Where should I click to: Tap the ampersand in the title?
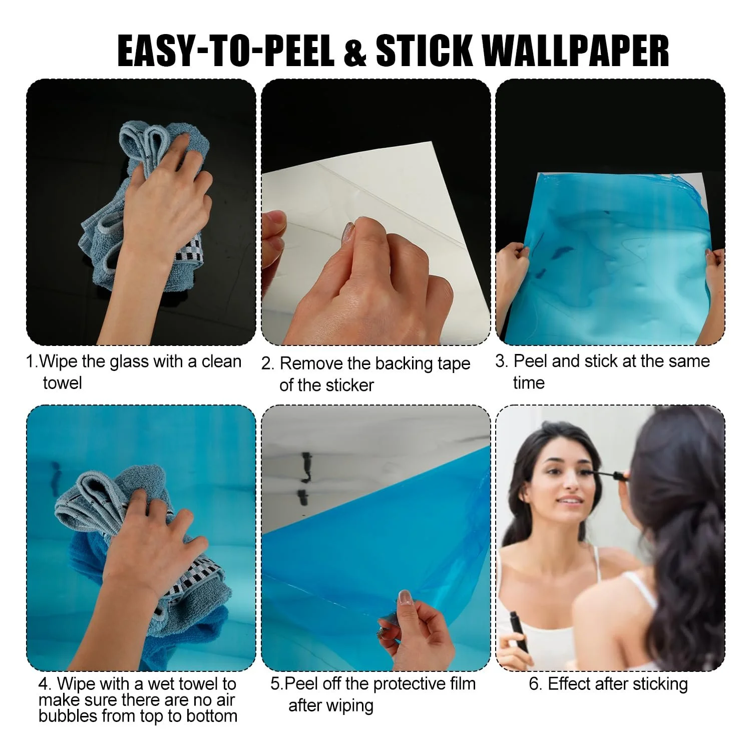pyautogui.click(x=355, y=51)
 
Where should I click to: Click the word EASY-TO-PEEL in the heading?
pyautogui.click(x=226, y=51)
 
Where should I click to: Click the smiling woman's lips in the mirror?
pyautogui.click(x=567, y=500)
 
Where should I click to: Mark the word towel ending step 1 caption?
pyautogui.click(x=62, y=383)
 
